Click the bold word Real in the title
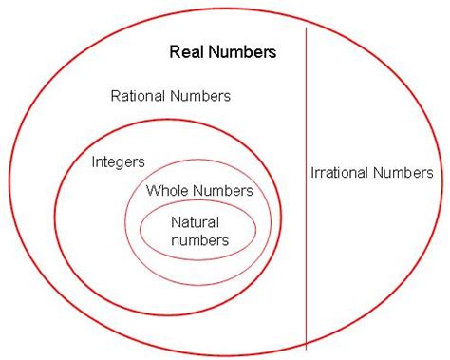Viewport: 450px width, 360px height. tap(186, 52)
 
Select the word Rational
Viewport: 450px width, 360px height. tap(140, 96)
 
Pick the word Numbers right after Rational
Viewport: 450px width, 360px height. tap(201, 96)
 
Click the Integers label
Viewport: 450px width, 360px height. tap(119, 161)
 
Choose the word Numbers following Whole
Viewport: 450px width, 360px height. tap(222, 190)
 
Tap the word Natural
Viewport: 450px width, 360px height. tap(197, 222)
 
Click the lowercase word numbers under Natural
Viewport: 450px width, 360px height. tap(198, 239)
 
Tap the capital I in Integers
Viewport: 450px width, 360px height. tap(93, 161)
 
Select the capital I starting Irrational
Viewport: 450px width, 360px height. tap(312, 173)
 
